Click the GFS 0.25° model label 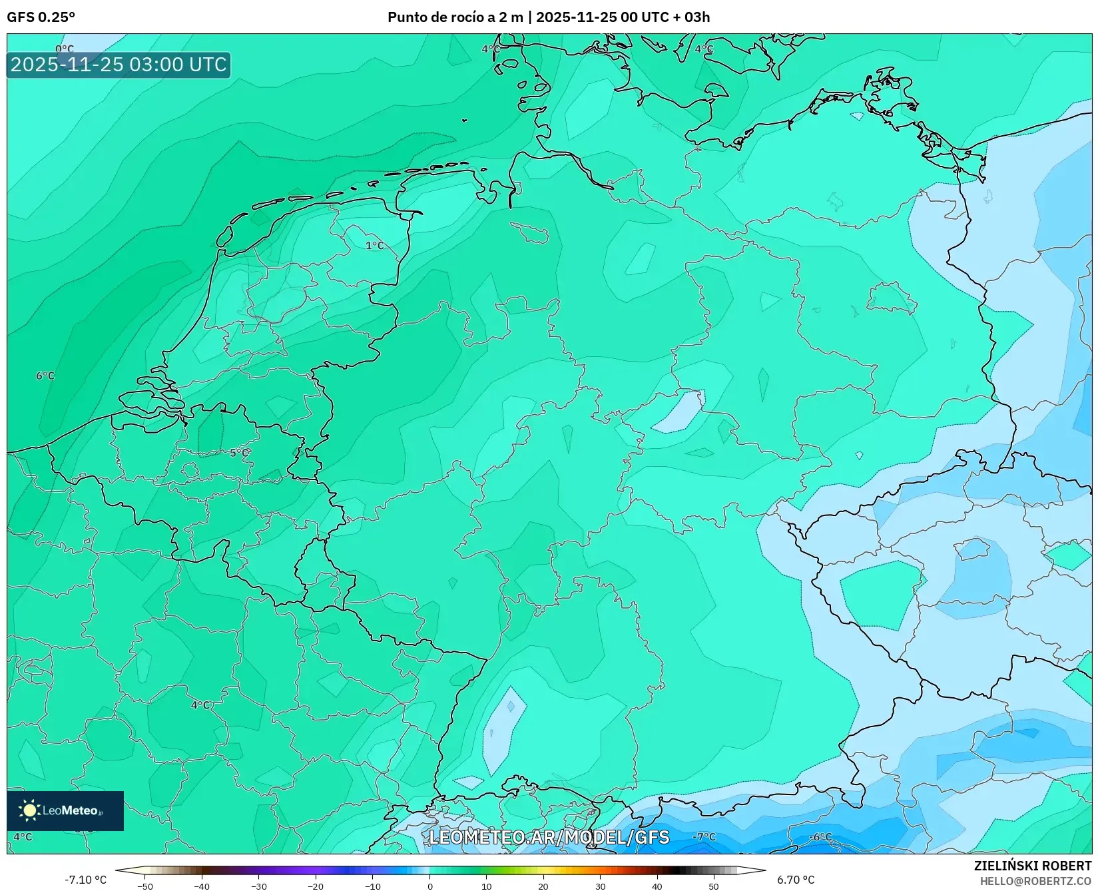pyautogui.click(x=41, y=17)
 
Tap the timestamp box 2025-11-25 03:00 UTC pyautogui.click(x=119, y=65)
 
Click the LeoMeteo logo pyautogui.click(x=65, y=810)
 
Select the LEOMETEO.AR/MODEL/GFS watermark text pyautogui.click(x=549, y=837)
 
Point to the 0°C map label pyautogui.click(x=65, y=49)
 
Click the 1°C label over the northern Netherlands pyautogui.click(x=375, y=245)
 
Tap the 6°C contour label pyautogui.click(x=45, y=376)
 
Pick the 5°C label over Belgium pyautogui.click(x=239, y=453)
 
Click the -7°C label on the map pyautogui.click(x=704, y=836)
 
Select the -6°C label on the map pyautogui.click(x=820, y=836)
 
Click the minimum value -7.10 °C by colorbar pyautogui.click(x=85, y=880)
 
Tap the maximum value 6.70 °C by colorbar pyautogui.click(x=796, y=880)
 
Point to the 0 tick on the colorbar pyautogui.click(x=429, y=886)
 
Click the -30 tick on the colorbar pyautogui.click(x=259, y=886)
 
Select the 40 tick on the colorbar pyautogui.click(x=657, y=886)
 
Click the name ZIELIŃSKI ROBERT pyautogui.click(x=1033, y=866)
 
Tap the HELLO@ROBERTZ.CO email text pyautogui.click(x=1035, y=880)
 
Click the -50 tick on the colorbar pyautogui.click(x=145, y=886)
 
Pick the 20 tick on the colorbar pyautogui.click(x=543, y=886)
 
